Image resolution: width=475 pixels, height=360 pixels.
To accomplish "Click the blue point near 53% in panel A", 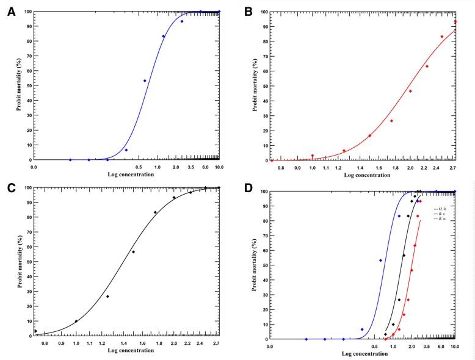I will tap(145, 81).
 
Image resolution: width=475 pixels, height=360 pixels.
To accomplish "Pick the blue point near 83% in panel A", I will tap(163, 36).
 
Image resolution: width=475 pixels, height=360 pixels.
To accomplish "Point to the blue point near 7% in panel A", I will tap(126, 149).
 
